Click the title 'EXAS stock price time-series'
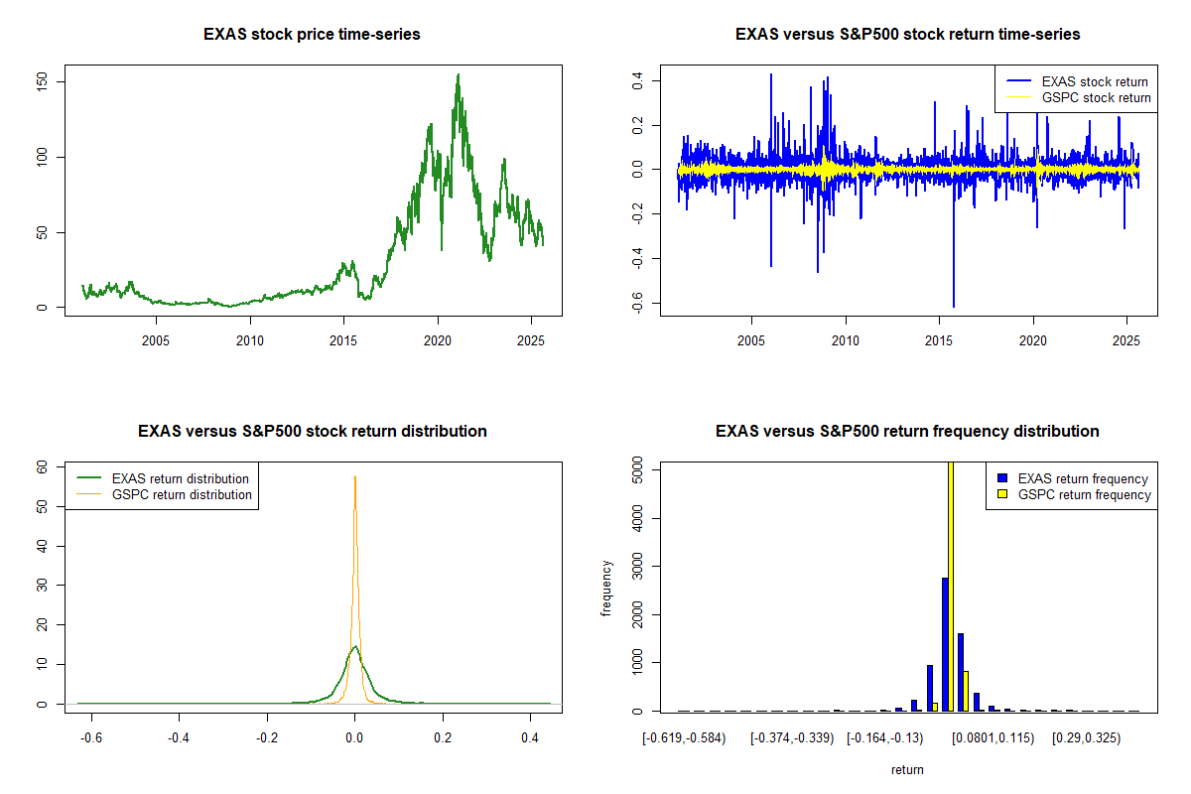coord(312,35)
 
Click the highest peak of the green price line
coord(458,74)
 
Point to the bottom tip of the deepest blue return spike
coord(953,307)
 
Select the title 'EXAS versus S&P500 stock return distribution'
coord(312,432)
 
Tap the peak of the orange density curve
coord(354,476)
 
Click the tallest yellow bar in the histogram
coord(951,586)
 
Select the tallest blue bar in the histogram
coord(945,645)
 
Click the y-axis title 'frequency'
coord(607,588)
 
